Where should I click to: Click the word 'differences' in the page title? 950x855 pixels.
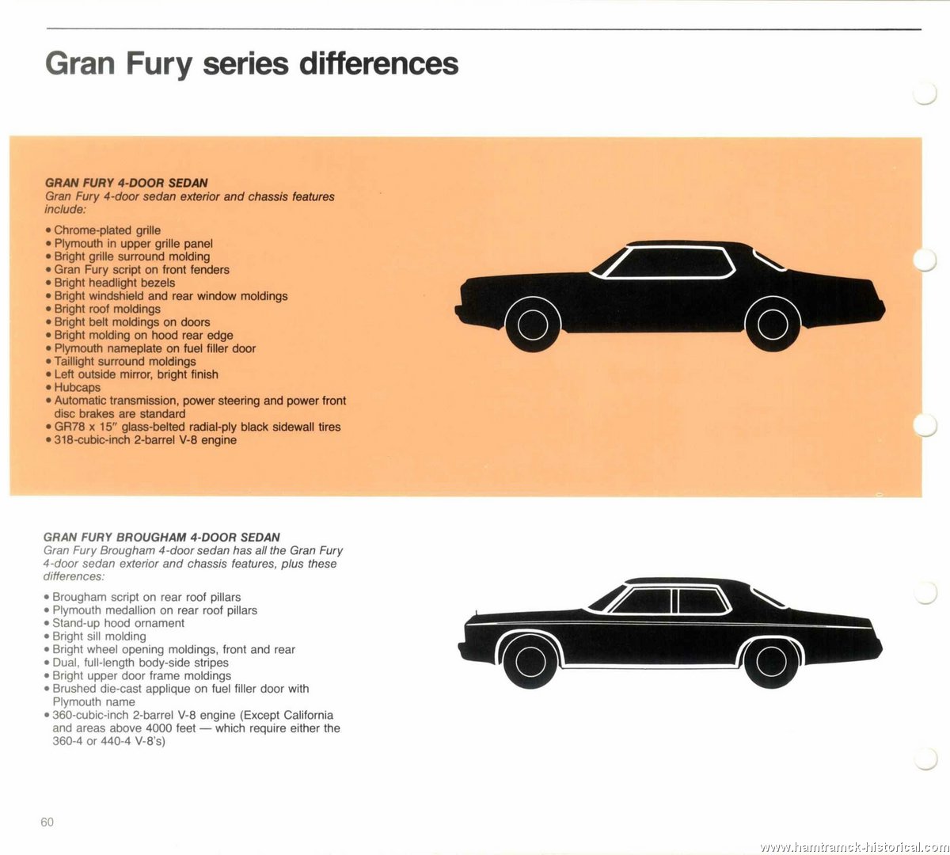(379, 63)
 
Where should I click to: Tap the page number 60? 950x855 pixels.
(47, 822)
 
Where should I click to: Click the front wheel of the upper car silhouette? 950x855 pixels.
(533, 325)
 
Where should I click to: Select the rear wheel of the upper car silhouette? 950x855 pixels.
(773, 325)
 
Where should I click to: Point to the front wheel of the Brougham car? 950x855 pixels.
(530, 662)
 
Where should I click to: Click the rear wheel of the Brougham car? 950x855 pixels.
(771, 662)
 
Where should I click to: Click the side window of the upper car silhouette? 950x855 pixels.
(669, 262)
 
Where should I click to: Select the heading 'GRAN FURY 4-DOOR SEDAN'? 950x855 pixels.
(127, 183)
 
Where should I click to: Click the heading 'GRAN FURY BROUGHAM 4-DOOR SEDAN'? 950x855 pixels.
(161, 538)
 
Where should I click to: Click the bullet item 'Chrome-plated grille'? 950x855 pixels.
(103, 230)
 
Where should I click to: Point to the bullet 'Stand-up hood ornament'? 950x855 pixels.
(114, 623)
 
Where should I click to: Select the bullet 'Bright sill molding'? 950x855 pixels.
(95, 636)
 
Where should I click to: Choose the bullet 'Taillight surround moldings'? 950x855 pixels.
(120, 362)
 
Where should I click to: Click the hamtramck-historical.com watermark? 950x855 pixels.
(854, 846)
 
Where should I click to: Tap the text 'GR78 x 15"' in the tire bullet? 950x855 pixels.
(85, 427)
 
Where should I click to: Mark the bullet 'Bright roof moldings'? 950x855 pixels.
(103, 309)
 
